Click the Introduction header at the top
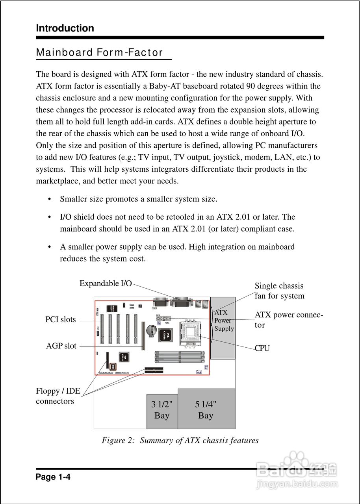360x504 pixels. (x=65, y=28)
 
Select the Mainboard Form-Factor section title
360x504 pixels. (x=99, y=53)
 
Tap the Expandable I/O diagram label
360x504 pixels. (x=106, y=283)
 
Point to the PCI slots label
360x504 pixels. (x=61, y=319)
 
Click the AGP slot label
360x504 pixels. (x=61, y=346)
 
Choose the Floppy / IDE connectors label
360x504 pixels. (x=58, y=396)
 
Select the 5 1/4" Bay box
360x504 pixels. (x=206, y=410)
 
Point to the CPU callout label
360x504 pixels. (x=262, y=348)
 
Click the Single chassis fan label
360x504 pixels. (x=279, y=291)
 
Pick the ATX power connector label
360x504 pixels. (x=289, y=320)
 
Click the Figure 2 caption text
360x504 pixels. (x=180, y=440)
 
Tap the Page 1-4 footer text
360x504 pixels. (x=53, y=477)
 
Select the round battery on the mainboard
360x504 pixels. (x=151, y=330)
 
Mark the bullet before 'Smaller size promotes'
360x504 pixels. (x=50, y=199)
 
